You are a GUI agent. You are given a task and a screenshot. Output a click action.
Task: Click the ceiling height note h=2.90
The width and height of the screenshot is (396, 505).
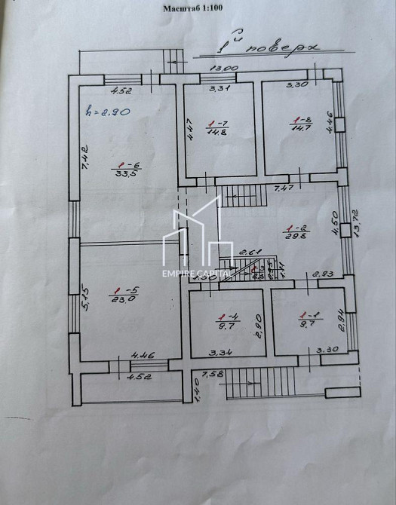(109, 112)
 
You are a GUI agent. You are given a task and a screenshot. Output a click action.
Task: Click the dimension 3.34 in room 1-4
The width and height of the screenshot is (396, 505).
(220, 351)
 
